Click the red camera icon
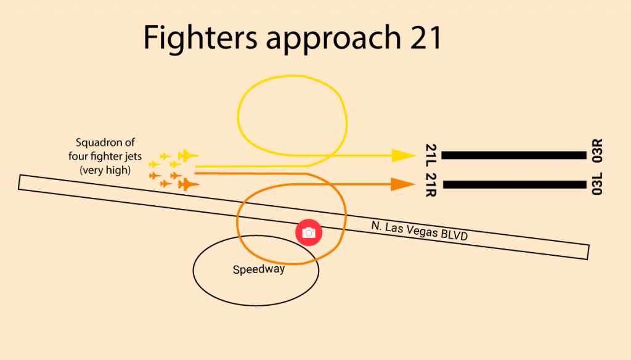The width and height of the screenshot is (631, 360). pyautogui.click(x=309, y=232)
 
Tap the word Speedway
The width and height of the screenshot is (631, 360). pyautogui.click(x=259, y=269)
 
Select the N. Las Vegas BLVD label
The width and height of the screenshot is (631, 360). pyautogui.click(x=420, y=231)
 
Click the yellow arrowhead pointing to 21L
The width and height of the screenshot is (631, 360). pyautogui.click(x=403, y=155)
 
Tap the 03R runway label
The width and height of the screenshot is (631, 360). pyautogui.click(x=596, y=151)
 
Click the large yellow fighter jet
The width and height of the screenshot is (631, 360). pyautogui.click(x=187, y=156)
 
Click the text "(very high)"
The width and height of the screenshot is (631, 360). pyautogui.click(x=105, y=170)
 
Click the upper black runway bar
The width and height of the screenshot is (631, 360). pyautogui.click(x=513, y=155)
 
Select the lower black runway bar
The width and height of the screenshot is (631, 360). pyautogui.click(x=513, y=184)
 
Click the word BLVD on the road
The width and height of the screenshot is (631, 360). pyautogui.click(x=455, y=236)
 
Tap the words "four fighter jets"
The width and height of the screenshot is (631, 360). pyautogui.click(x=105, y=157)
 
